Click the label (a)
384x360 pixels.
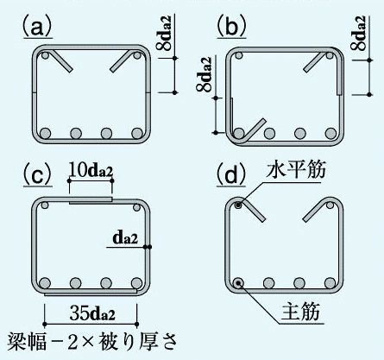pyautogui.click(x=37, y=27)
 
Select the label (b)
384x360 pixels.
pyautogui.click(x=232, y=27)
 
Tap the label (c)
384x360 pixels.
pyautogui.click(x=38, y=176)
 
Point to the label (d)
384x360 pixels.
pyautogui.click(x=232, y=174)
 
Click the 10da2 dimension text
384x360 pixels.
pyautogui.click(x=91, y=171)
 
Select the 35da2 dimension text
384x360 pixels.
pyautogui.click(x=92, y=313)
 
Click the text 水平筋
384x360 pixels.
pyautogui.click(x=296, y=170)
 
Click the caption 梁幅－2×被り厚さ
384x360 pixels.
pyautogui.click(x=91, y=342)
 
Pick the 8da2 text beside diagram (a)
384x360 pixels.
pyautogui.click(x=165, y=33)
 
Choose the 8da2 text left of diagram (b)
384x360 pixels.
pyautogui.click(x=205, y=74)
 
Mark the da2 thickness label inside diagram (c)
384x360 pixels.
pyautogui.click(x=125, y=238)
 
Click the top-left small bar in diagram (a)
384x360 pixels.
pyautogui.click(x=45, y=55)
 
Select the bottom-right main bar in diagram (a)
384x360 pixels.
pyautogui.click(x=137, y=133)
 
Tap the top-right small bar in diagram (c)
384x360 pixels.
pyautogui.click(x=137, y=207)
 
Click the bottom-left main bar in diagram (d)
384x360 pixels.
pyautogui.click(x=238, y=283)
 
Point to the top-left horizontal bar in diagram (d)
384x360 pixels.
pyautogui.click(x=238, y=205)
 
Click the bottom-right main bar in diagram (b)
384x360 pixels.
pyautogui.click(x=330, y=133)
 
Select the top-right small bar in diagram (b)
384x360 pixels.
pyautogui.click(x=330, y=56)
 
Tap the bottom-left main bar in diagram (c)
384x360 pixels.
pyautogui.click(x=45, y=283)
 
